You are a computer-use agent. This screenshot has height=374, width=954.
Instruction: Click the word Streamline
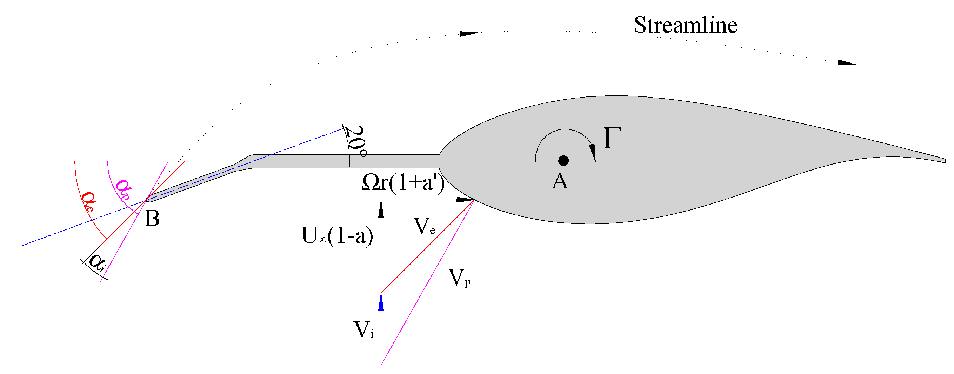[x=685, y=25]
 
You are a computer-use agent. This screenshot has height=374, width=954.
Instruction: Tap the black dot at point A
[x=563, y=161]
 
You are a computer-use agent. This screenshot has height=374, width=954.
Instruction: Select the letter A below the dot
[x=560, y=181]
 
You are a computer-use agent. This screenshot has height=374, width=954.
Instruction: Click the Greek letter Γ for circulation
[x=612, y=138]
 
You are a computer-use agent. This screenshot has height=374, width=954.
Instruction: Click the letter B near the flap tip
[x=152, y=219]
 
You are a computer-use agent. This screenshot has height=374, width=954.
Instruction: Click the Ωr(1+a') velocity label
[x=403, y=182]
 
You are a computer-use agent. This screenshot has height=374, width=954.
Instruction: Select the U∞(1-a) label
[x=338, y=235]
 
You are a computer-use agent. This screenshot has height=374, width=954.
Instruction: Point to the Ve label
[x=424, y=226]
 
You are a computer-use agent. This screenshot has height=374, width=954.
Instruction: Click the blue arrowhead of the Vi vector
[x=381, y=302]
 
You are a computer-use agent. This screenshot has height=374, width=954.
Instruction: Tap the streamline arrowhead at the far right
[x=847, y=62]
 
